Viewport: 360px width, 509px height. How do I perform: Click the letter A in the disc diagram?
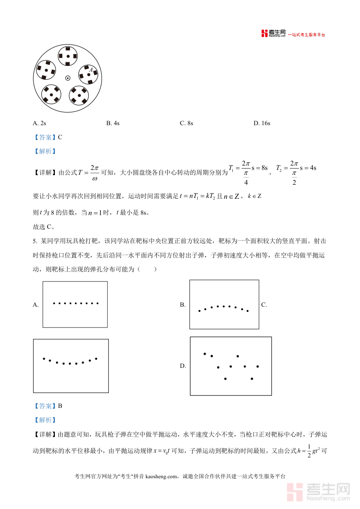(x=91, y=70)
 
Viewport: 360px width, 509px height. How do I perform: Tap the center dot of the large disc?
(x=68, y=78)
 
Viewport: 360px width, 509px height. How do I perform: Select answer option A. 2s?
(x=40, y=123)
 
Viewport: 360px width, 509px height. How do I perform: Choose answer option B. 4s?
(x=113, y=123)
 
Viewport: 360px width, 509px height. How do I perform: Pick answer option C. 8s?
(x=187, y=123)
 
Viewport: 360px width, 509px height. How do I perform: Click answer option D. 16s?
(x=262, y=123)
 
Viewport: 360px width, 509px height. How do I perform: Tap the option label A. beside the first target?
(x=36, y=305)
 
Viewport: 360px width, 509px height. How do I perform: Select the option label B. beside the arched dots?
(x=183, y=305)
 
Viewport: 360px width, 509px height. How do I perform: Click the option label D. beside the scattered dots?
(x=183, y=366)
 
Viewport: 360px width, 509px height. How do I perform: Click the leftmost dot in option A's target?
(x=54, y=303)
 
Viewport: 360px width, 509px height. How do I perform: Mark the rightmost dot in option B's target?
(x=248, y=311)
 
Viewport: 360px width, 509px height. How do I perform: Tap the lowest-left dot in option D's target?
(x=226, y=378)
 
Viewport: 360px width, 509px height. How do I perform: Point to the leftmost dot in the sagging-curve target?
(x=44, y=359)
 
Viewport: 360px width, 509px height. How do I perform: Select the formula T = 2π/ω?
(x=88, y=173)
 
